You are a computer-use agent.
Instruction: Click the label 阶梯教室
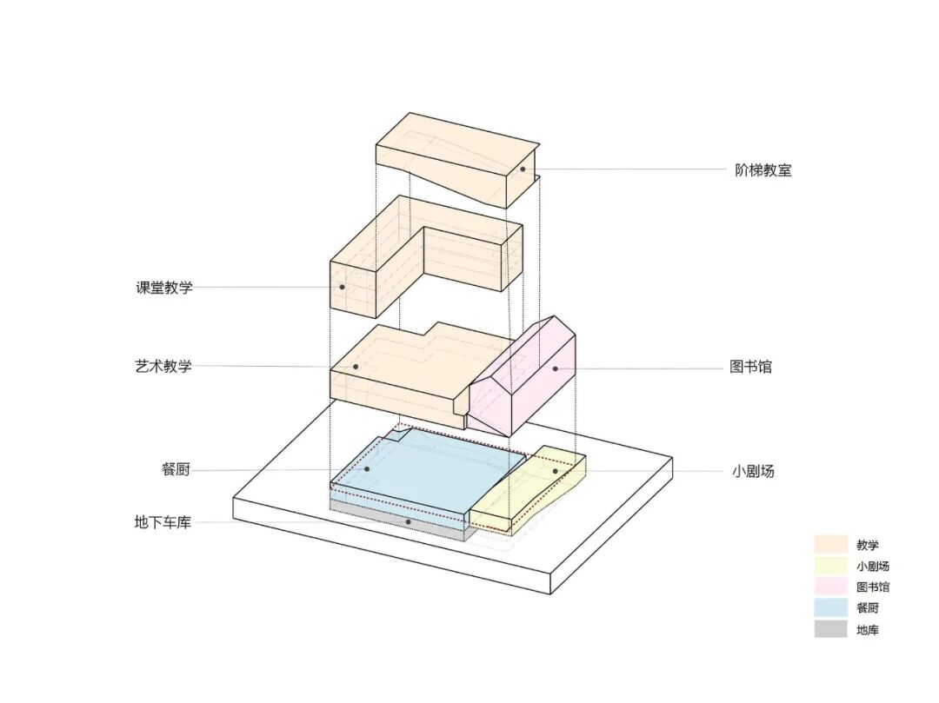point(763,170)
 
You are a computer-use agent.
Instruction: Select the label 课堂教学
point(163,288)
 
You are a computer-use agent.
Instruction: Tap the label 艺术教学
point(163,367)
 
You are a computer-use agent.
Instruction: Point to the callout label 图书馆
point(750,367)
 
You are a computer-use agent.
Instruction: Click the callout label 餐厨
point(175,470)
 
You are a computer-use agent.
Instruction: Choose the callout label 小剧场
point(753,472)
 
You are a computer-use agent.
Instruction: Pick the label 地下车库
point(163,522)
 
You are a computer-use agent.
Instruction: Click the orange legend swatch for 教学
point(830,545)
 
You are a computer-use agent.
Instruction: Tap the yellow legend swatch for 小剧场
point(830,566)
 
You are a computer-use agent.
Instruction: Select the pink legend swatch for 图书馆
point(830,587)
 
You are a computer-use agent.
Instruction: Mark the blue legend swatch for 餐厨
point(830,608)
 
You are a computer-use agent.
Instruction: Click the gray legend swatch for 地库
point(830,629)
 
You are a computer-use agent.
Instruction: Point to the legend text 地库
point(867,630)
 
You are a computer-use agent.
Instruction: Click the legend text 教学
point(867,546)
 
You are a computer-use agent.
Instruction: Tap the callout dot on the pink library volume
point(555,368)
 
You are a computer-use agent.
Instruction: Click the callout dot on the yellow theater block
point(555,471)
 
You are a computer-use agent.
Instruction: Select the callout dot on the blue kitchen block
point(368,469)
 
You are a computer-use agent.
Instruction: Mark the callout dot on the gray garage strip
point(408,521)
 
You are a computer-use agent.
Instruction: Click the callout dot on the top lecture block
point(523,169)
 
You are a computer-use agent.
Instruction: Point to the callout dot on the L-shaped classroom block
point(343,287)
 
